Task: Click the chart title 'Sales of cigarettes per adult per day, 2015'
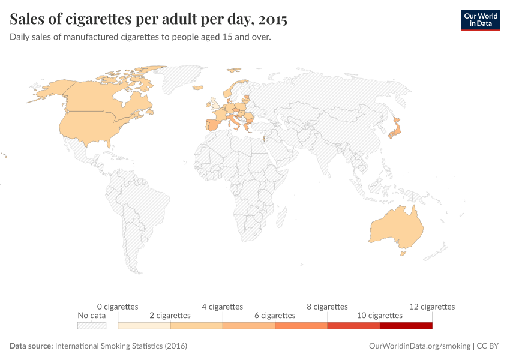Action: [149, 19]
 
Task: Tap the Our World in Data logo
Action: [480, 20]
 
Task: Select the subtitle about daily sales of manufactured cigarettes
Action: [140, 37]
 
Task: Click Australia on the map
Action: [396, 227]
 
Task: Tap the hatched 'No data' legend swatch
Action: [92, 325]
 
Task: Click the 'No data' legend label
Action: [92, 315]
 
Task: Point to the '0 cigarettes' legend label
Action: [118, 307]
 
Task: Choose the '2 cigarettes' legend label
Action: [170, 315]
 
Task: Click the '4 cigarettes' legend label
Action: [222, 307]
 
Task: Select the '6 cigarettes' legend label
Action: [275, 315]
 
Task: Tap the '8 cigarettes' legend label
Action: [327, 307]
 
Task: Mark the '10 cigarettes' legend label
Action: [379, 315]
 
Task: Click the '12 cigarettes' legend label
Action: [432, 307]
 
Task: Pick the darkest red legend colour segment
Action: [406, 325]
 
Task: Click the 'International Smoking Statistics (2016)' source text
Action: [121, 346]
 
